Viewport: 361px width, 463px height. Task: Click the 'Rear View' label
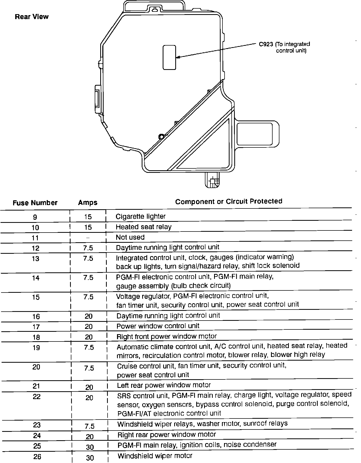[x=32, y=17]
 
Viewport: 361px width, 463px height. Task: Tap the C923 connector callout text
[x=284, y=47]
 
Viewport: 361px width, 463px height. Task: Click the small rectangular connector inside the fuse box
[x=169, y=57]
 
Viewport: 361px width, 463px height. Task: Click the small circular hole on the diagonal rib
[x=161, y=136]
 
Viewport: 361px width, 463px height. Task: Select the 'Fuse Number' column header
[x=35, y=203]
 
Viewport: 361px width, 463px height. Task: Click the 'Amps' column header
[x=88, y=202]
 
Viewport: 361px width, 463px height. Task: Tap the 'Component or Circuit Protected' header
[x=229, y=201]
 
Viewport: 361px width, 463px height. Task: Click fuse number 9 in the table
[x=35, y=217]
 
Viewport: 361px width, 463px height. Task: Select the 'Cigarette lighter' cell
[x=141, y=216]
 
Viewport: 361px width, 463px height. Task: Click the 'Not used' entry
[x=130, y=237]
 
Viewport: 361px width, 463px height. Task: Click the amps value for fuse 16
[x=88, y=316]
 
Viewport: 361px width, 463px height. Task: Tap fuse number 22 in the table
[x=36, y=397]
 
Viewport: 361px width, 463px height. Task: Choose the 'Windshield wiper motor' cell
[x=155, y=456]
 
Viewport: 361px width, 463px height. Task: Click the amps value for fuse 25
[x=90, y=447]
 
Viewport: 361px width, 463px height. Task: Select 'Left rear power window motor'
[x=164, y=385]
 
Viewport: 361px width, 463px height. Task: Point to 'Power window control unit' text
[x=158, y=326]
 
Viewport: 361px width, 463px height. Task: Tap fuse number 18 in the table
[x=36, y=337]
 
